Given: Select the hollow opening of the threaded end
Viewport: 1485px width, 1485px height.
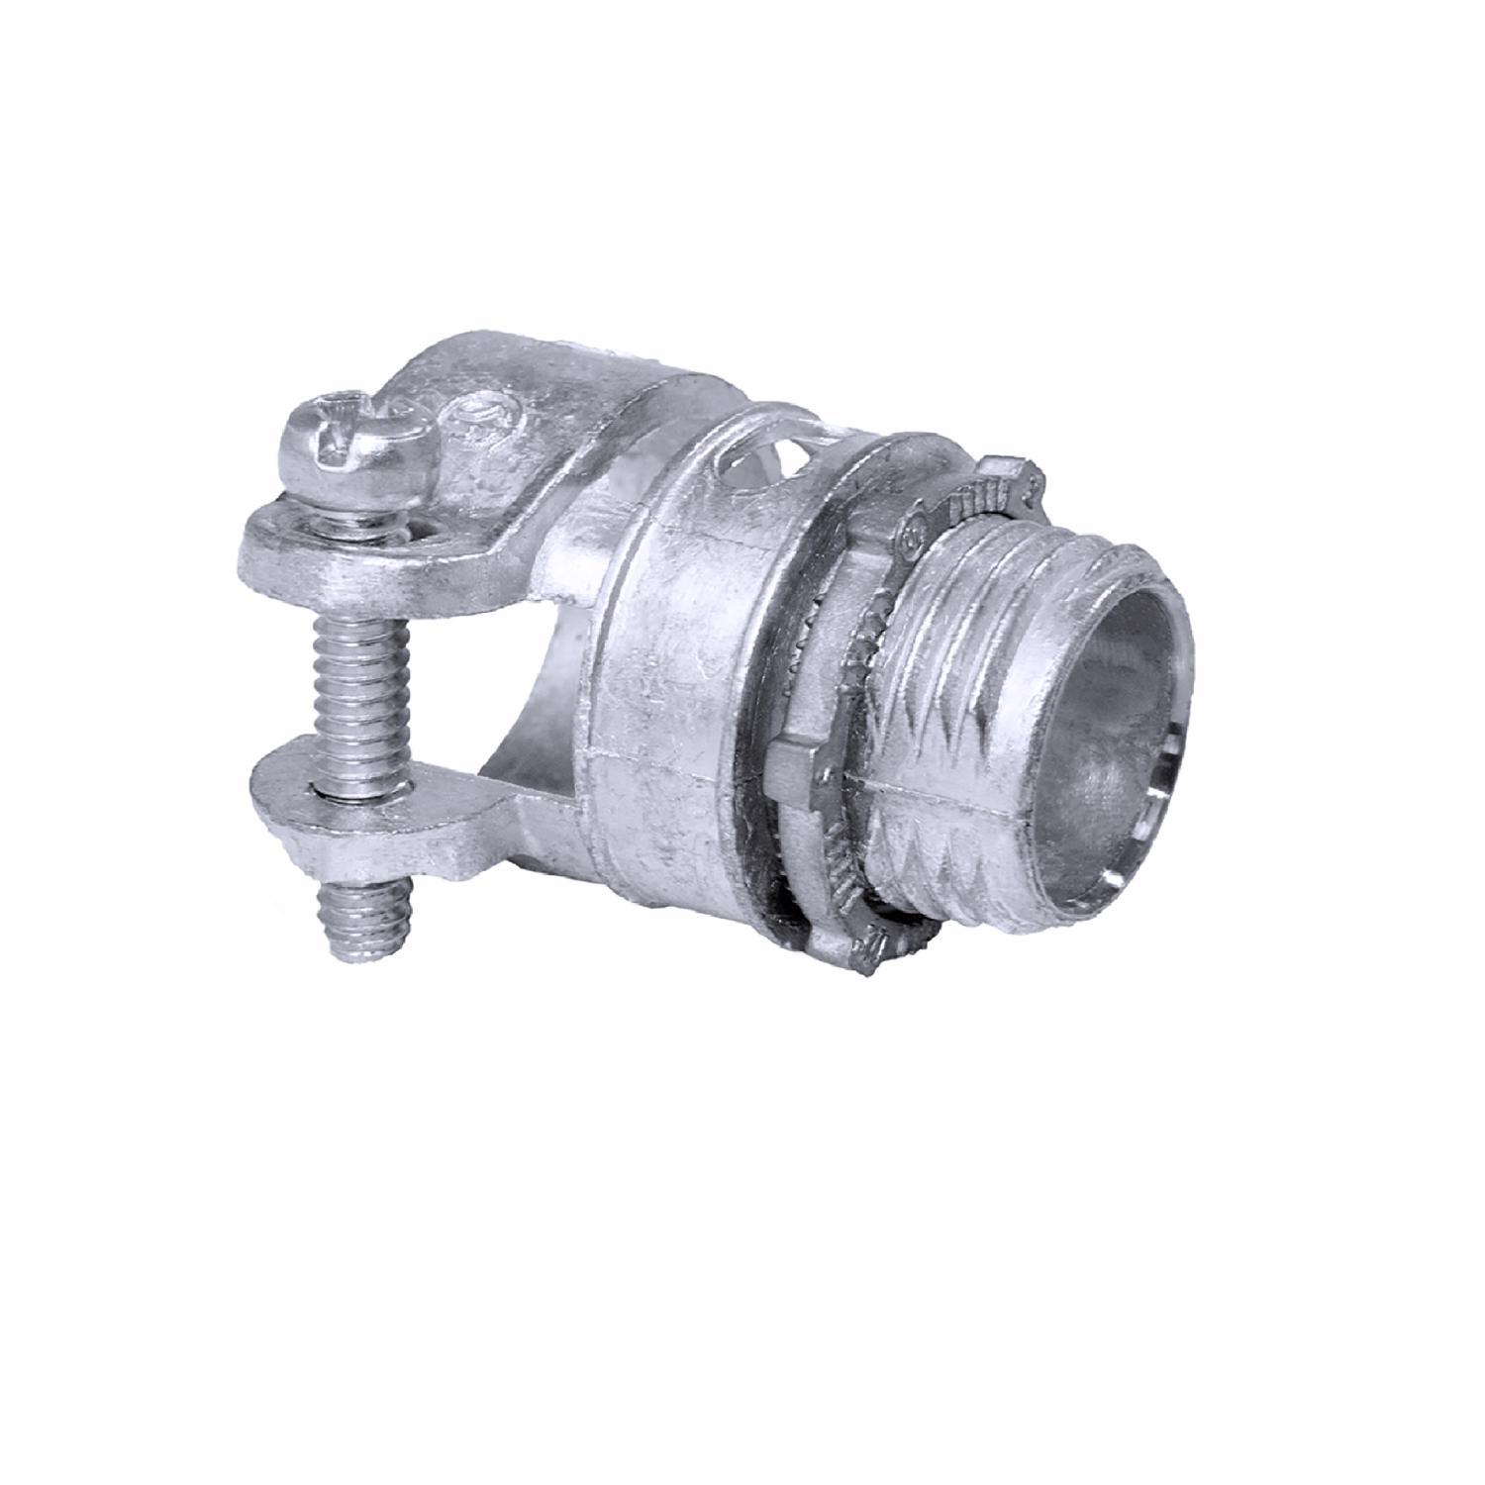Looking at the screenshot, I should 1109,713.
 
